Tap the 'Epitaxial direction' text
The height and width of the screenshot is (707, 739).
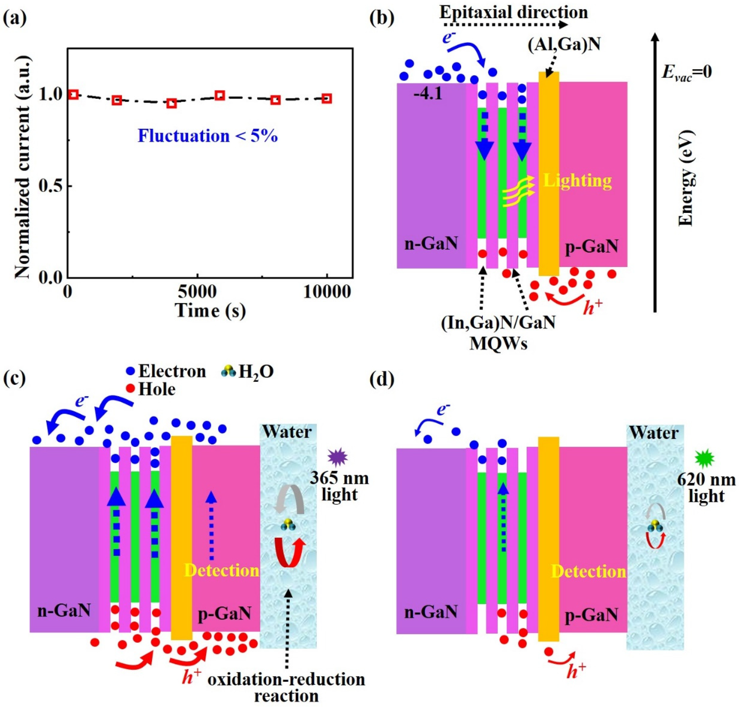coord(513,12)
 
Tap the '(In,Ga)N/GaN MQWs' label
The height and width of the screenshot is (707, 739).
coord(498,333)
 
